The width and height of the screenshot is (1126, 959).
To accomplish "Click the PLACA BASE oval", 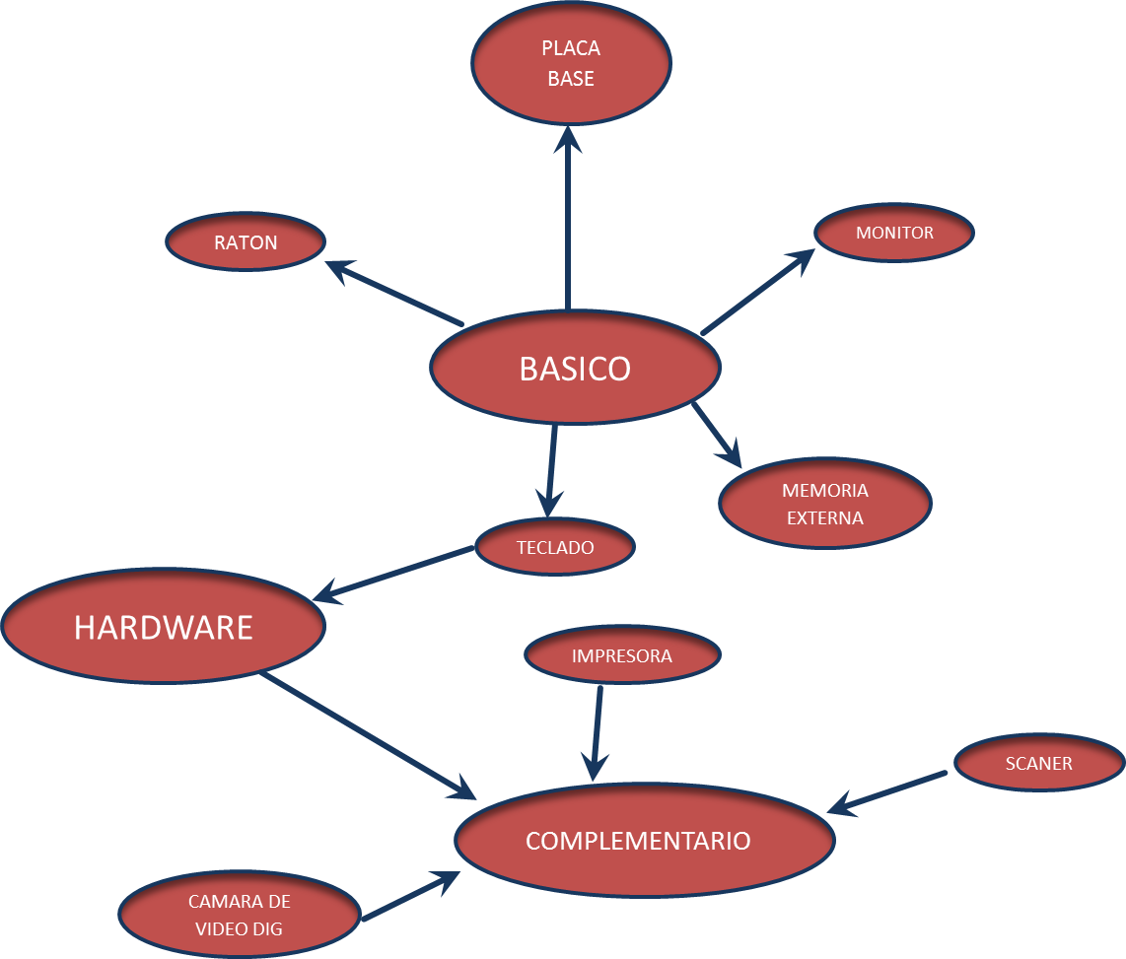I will point(571,63).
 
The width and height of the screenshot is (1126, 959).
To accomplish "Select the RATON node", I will point(246,242).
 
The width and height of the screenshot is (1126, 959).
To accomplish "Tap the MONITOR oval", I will point(894,233).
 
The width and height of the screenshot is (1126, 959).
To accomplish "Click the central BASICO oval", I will point(575,368).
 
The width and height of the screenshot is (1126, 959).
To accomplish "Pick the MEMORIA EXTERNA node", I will point(824,504).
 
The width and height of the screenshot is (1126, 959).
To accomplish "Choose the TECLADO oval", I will point(555,547).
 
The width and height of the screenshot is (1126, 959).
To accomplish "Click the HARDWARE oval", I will point(164,627).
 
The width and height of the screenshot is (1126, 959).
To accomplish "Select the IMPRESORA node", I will point(622,655).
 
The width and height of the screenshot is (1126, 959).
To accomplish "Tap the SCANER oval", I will point(1039,763).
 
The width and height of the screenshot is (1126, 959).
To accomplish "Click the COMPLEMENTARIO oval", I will point(644,841).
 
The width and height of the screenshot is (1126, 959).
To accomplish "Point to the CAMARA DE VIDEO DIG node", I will point(240,915).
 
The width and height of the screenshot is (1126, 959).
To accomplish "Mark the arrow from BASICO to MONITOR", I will point(757,292).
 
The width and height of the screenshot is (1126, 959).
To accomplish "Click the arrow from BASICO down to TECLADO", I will point(551,468).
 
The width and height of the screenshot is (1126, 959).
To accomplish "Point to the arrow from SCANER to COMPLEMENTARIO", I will point(887,792).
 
